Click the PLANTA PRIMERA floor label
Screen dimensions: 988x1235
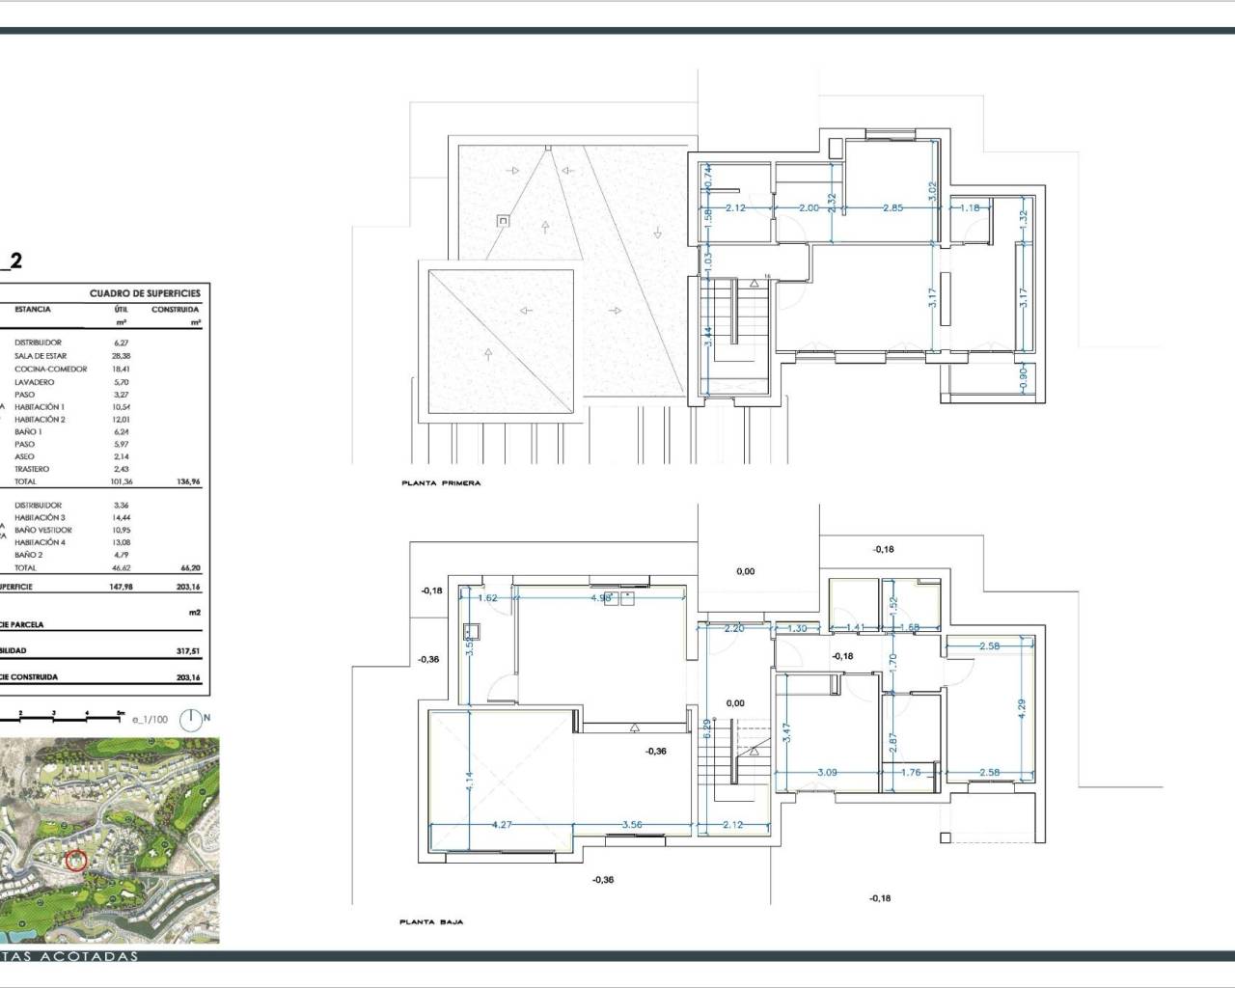440,482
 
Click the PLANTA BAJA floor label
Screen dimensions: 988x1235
431,922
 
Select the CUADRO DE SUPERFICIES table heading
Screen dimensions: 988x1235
145,293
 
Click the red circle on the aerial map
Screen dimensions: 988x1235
75,860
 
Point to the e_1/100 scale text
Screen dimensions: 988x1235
150,719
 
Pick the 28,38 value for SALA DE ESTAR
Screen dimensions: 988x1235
120,356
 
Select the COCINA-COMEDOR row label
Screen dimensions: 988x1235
50,369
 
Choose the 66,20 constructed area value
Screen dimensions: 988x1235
187,568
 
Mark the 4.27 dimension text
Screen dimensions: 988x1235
502,825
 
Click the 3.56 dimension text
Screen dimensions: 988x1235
633,825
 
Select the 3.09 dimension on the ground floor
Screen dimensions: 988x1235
828,772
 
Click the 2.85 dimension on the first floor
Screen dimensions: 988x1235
893,208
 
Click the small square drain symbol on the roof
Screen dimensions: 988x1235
502,221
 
